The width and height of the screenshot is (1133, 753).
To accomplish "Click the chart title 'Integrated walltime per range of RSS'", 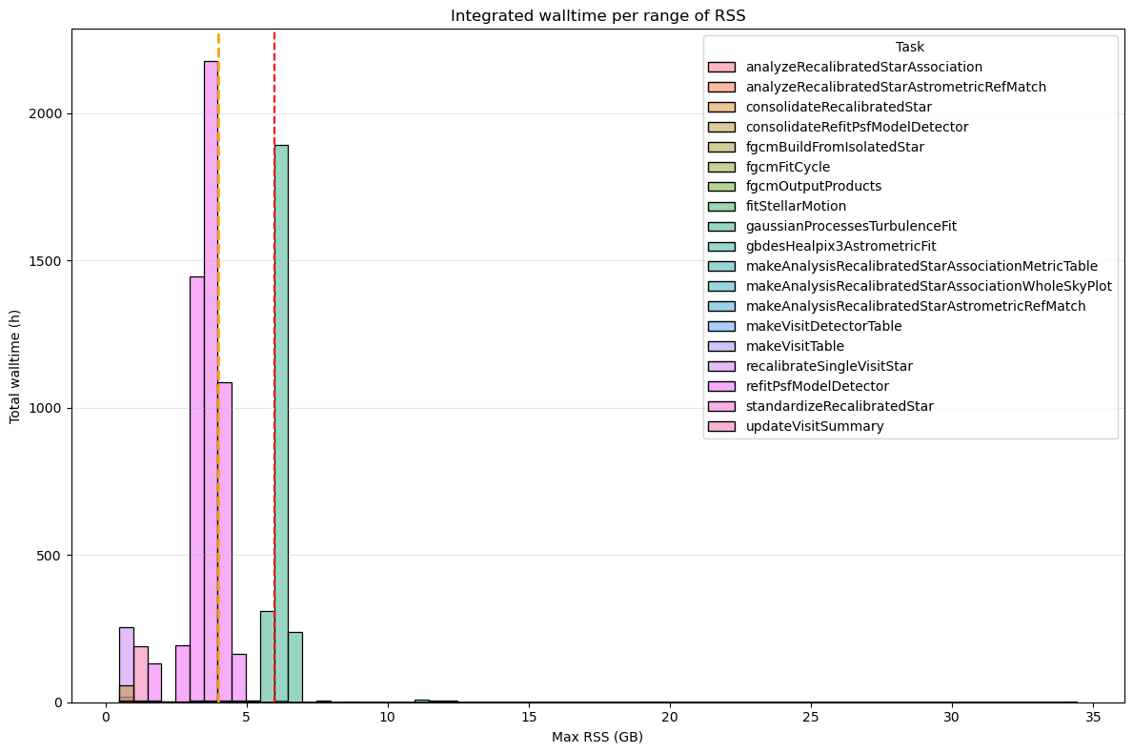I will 597,15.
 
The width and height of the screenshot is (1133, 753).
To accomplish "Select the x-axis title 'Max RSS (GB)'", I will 597,737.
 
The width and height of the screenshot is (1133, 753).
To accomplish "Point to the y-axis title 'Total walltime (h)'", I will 15,366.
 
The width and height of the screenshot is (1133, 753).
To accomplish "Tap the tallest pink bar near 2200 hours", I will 211,381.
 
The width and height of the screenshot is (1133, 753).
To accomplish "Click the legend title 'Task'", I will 909,47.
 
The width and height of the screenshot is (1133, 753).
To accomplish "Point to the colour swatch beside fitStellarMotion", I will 721,206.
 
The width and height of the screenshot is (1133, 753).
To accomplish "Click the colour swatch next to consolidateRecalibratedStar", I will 721,107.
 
